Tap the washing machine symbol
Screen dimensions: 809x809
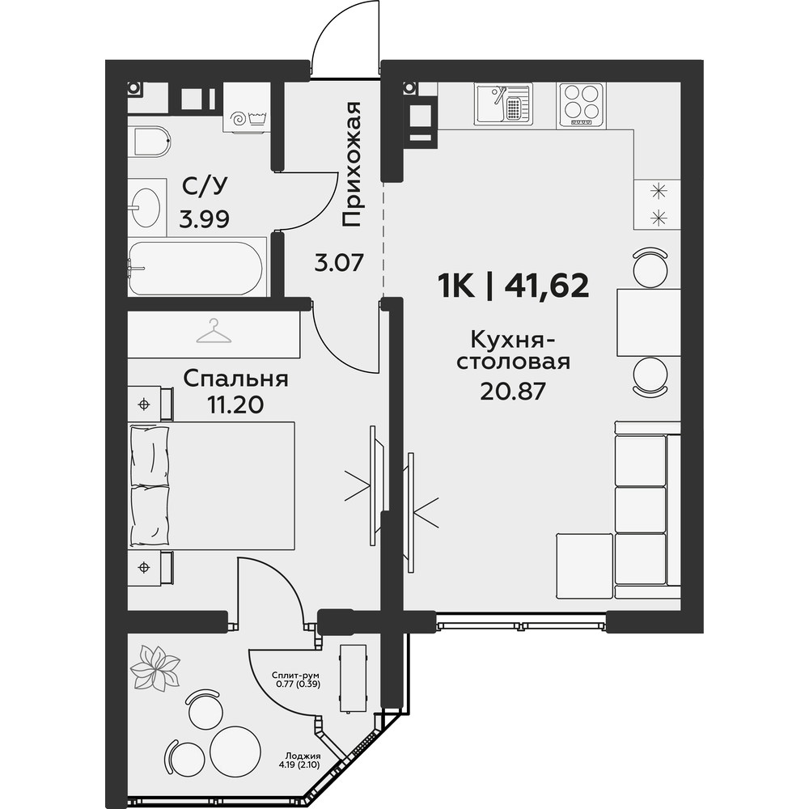point(248,108)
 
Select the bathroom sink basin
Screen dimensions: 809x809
point(145,207)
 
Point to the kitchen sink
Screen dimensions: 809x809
point(502,104)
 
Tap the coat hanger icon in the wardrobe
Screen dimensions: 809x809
point(214,331)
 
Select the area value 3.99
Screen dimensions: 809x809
point(205,220)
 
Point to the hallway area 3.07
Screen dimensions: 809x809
point(340,263)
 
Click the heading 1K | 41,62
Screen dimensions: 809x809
point(514,286)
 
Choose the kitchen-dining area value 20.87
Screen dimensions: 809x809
point(513,392)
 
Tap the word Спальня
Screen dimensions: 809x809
point(235,379)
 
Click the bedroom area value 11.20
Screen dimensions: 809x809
point(235,405)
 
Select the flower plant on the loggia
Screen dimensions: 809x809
point(155,668)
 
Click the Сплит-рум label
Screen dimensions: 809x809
point(296,676)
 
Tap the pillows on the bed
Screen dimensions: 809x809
point(150,485)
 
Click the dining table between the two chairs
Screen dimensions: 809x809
point(649,323)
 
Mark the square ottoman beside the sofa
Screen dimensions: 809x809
point(585,566)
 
